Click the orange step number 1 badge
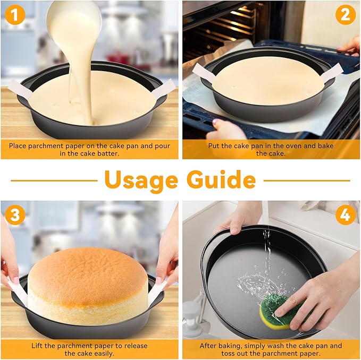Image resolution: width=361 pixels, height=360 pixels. [16, 16]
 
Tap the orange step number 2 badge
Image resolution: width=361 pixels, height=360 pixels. [345, 15]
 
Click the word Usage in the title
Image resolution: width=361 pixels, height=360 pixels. [141, 181]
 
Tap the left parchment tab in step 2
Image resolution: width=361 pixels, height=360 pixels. [204, 73]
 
